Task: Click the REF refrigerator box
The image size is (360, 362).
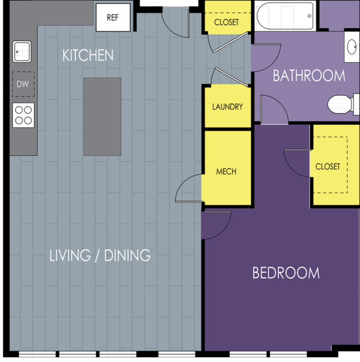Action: tap(113, 17)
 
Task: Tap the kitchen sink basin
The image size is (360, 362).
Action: tap(22, 52)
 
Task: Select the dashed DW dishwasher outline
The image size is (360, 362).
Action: tap(23, 84)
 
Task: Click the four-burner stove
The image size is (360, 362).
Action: tap(23, 115)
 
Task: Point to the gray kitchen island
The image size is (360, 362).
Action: tap(103, 117)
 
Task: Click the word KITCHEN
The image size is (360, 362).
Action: tap(88, 55)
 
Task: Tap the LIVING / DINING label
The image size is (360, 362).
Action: tap(100, 255)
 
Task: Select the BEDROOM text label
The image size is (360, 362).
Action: tap(286, 273)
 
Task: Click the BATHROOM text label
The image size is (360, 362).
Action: tap(309, 75)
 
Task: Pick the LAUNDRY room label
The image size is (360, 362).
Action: tap(228, 107)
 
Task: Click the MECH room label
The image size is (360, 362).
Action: tap(226, 172)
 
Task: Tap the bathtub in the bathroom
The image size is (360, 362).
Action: tap(285, 16)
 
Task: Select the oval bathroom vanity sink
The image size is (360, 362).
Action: tap(352, 47)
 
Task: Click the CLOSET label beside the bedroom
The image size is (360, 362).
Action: tap(328, 166)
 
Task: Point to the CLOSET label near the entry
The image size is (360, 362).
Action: tap(227, 22)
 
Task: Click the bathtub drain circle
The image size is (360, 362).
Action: tap(309, 16)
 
